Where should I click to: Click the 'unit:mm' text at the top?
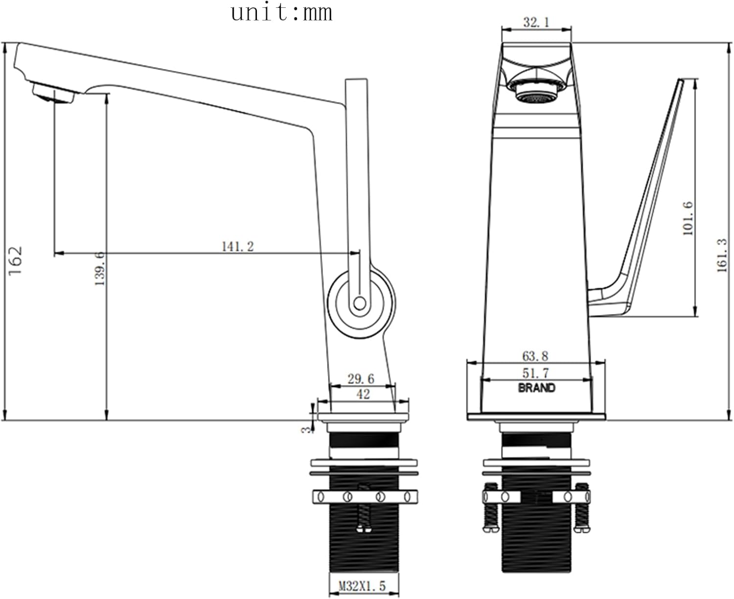click(281, 13)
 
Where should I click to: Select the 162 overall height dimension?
click(16, 261)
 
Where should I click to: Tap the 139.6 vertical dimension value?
click(100, 269)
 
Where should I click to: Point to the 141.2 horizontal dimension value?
click(238, 247)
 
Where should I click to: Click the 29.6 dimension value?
click(361, 379)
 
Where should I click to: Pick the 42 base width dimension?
click(363, 394)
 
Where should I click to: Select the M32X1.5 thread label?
click(362, 586)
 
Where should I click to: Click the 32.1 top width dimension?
click(536, 23)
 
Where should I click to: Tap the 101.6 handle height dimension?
click(688, 218)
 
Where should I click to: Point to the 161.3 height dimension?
click(722, 255)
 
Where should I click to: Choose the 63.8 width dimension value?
click(535, 356)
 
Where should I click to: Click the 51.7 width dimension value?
click(535, 373)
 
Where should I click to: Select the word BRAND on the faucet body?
click(536, 388)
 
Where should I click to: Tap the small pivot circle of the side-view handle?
click(360, 303)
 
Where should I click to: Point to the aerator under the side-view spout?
click(54, 92)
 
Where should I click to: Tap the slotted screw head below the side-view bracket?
click(364, 529)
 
